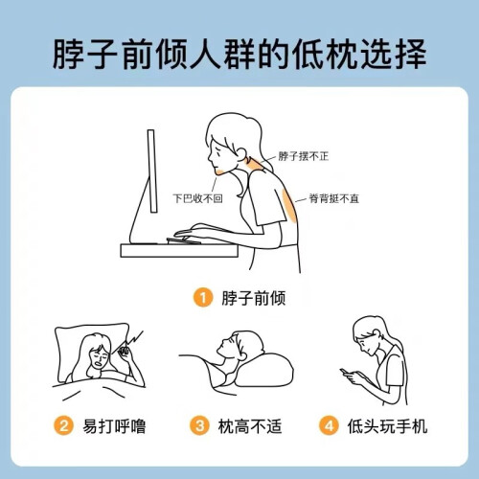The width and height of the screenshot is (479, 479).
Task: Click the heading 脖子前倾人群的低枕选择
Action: tap(239, 54)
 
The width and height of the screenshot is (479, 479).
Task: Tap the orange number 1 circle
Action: tap(203, 298)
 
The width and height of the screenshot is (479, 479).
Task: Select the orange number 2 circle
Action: tap(64, 425)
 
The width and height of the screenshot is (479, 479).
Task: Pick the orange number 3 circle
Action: tap(199, 425)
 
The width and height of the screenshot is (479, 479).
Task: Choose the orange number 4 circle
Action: tap(329, 425)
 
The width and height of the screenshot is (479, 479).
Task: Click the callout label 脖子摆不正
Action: tap(304, 156)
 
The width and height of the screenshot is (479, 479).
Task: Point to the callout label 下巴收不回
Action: tap(197, 198)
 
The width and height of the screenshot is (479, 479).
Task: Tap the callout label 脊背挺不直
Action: tap(334, 198)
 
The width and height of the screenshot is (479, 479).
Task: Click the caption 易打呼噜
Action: tap(114, 426)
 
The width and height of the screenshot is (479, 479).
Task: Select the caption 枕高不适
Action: tap(250, 426)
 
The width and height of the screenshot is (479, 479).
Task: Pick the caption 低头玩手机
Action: tap(387, 426)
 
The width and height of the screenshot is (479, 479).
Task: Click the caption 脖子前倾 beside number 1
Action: tap(254, 298)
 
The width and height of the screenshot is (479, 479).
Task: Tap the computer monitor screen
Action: tap(152, 171)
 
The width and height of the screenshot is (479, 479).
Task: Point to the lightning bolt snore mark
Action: tap(132, 339)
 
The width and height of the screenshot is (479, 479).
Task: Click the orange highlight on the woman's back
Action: tap(290, 205)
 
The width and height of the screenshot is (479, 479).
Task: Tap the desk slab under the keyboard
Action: tap(179, 251)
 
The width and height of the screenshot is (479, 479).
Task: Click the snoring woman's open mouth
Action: tap(99, 364)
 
